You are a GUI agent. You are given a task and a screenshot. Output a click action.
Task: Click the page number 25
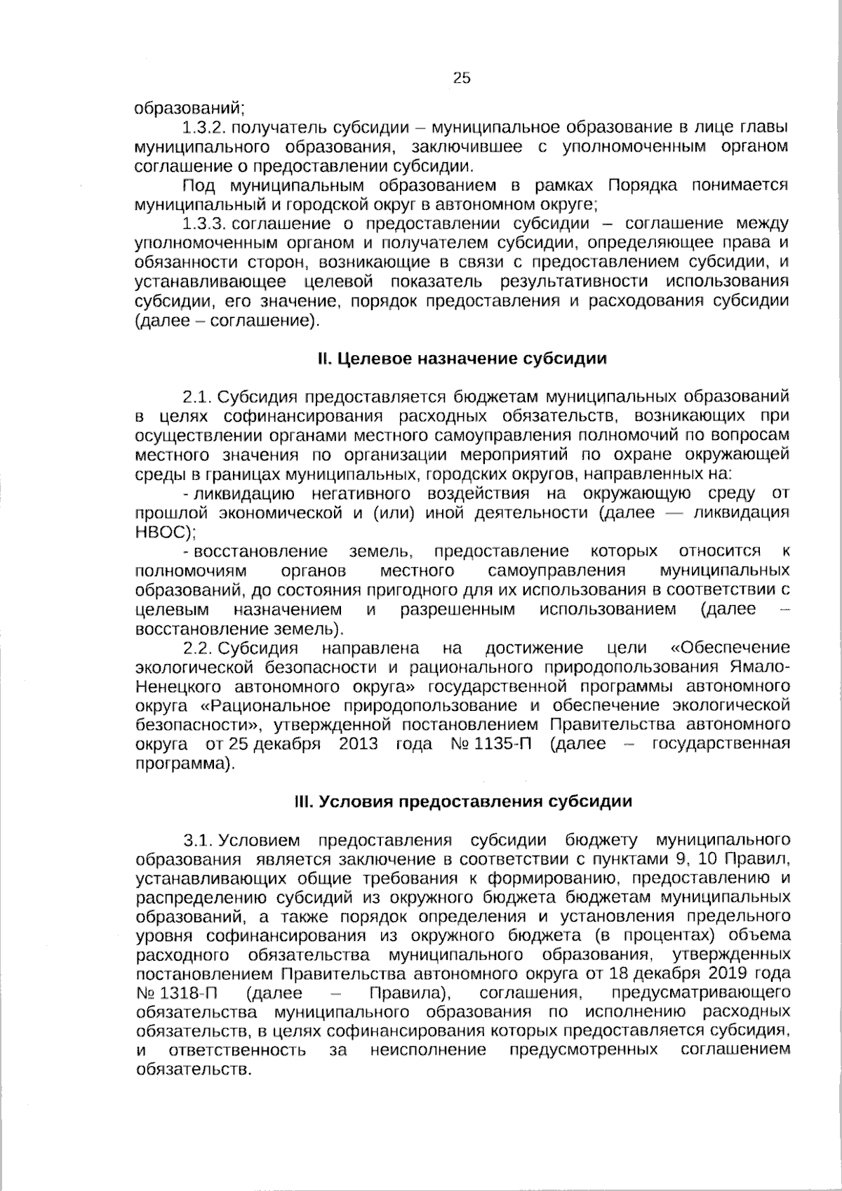[x=462, y=79]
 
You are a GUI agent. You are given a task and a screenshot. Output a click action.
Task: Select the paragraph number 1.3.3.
[x=203, y=224]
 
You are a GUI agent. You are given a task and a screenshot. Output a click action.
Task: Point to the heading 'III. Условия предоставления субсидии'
[x=462, y=801]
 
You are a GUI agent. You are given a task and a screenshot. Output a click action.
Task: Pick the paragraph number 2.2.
[x=196, y=647]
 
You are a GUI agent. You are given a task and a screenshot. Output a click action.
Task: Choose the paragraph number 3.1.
[x=196, y=840]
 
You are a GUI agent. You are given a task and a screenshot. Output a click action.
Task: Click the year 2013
[x=359, y=744]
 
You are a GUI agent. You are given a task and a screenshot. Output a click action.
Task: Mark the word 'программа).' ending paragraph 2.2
[x=183, y=763]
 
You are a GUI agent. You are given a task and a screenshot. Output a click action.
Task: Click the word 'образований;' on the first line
[x=189, y=109]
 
